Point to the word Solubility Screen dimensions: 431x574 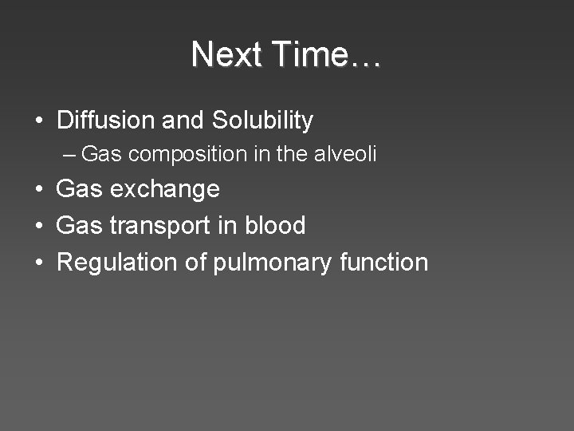[x=262, y=121]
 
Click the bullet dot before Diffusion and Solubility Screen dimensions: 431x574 [x=38, y=121]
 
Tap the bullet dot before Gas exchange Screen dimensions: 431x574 [x=38, y=190]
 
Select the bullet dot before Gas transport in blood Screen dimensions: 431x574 [x=38, y=226]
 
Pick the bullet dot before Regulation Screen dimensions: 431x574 [x=38, y=263]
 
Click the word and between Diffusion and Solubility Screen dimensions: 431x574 [x=183, y=121]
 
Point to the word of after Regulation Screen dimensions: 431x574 [x=196, y=262]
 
